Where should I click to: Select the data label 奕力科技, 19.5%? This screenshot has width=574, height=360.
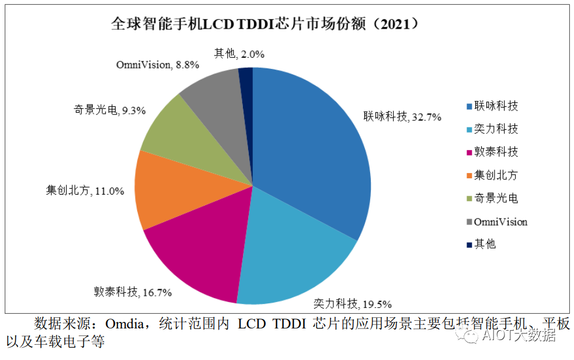point(352,303)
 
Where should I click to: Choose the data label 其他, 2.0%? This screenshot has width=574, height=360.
point(239,54)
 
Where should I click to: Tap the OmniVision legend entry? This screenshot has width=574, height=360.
point(500,221)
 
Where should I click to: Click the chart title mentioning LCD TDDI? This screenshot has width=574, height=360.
point(265,24)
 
